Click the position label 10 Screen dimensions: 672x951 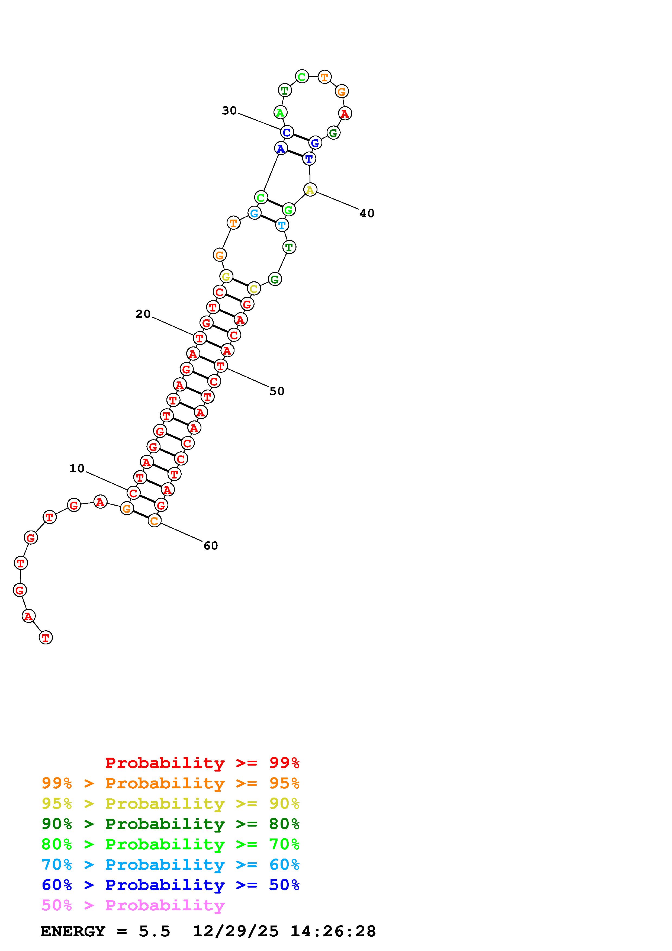pyautogui.click(x=77, y=468)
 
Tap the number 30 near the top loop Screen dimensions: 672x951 pyautogui.click(x=229, y=111)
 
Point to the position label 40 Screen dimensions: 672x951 pyautogui.click(x=367, y=213)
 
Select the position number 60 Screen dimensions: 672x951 pyautogui.click(x=211, y=546)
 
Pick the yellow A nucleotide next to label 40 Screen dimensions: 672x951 pyautogui.click(x=310, y=190)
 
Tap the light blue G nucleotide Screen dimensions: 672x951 pyautogui.click(x=254, y=213)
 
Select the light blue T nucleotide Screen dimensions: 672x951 pyautogui.click(x=282, y=225)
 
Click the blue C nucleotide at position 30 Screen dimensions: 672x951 pyautogui.click(x=287, y=132)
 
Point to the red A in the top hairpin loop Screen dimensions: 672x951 pyautogui.click(x=345, y=113)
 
